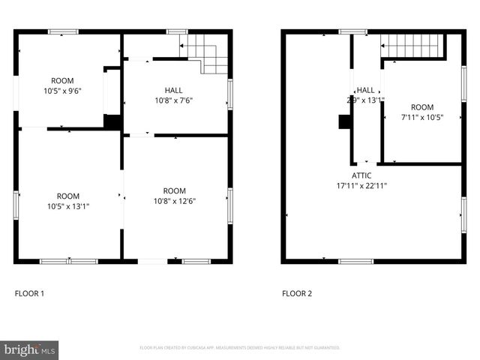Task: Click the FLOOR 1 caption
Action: [30, 293]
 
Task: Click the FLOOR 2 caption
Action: [297, 293]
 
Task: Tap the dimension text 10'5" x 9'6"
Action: [63, 90]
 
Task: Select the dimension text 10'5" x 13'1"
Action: [67, 206]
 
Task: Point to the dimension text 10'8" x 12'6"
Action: [174, 200]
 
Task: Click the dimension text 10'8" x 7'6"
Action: [173, 100]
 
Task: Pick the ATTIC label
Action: [361, 175]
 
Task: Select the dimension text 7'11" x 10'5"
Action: [422, 117]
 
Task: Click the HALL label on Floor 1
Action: [173, 91]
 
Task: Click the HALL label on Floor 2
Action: [366, 90]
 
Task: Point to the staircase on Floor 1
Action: [205, 54]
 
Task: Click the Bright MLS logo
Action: [30, 349]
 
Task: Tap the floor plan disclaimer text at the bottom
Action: [240, 348]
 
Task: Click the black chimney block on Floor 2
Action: [344, 122]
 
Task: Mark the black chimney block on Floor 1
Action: [112, 121]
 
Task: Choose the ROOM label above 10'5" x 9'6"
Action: [63, 80]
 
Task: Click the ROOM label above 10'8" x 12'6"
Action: [174, 190]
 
